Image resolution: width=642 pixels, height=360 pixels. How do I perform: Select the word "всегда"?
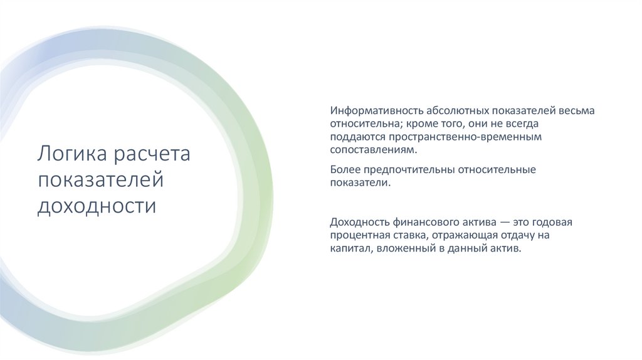[x=520, y=124]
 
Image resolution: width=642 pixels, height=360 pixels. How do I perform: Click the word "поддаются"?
[x=357, y=137]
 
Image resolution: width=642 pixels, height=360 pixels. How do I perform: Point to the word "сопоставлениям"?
[x=373, y=151]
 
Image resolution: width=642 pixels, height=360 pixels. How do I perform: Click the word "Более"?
[x=344, y=169]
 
